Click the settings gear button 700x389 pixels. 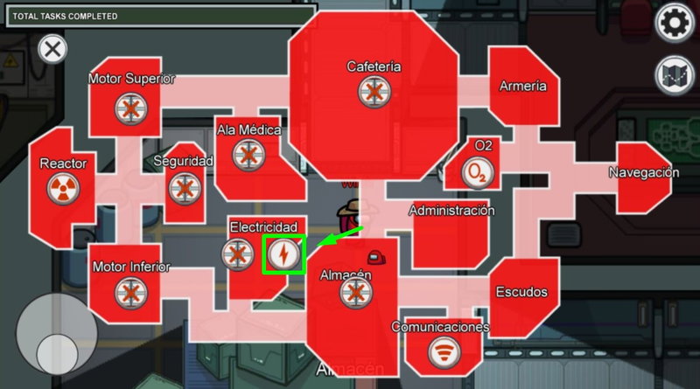pyautogui.click(x=674, y=23)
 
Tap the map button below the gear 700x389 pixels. pyautogui.click(x=674, y=76)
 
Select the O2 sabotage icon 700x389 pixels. pyautogui.click(x=478, y=172)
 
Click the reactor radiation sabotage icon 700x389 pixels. pyautogui.click(x=63, y=189)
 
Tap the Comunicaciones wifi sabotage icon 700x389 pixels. pyautogui.click(x=444, y=352)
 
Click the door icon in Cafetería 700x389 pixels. pyautogui.click(x=374, y=92)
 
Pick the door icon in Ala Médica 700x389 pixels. pyautogui.click(x=248, y=155)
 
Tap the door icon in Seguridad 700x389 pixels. pyautogui.click(x=185, y=188)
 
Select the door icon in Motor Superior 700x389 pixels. pyautogui.click(x=130, y=109)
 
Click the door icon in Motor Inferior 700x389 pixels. pyautogui.click(x=130, y=293)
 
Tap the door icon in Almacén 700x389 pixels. pyautogui.click(x=356, y=293)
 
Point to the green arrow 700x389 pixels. pyautogui.click(x=340, y=237)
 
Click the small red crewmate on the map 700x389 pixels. pyautogui.click(x=377, y=257)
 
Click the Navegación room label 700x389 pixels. pyautogui.click(x=644, y=172)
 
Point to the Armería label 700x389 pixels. pyautogui.click(x=522, y=86)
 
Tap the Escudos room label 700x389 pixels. pyautogui.click(x=521, y=292)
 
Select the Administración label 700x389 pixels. pyautogui.click(x=451, y=210)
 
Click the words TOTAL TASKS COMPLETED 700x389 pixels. pyautogui.click(x=65, y=17)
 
